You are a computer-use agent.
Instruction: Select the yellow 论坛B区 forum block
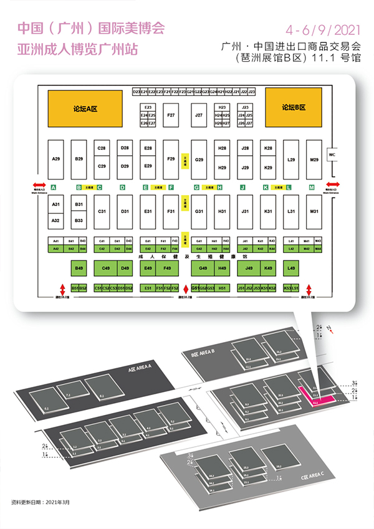tap(293, 108)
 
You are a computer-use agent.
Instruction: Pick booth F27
tap(171, 115)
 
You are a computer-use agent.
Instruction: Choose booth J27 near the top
tap(199, 115)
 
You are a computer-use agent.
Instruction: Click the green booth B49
tap(79, 269)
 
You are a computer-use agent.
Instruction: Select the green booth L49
tap(291, 269)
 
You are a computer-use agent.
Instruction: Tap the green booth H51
tap(222, 288)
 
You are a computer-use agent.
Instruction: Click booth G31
tap(199, 211)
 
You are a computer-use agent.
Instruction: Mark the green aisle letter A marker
tap(54, 187)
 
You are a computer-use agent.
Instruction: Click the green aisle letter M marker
tap(312, 187)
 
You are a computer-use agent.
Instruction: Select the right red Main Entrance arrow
tap(333, 184)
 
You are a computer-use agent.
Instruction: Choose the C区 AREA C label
tap(309, 477)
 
